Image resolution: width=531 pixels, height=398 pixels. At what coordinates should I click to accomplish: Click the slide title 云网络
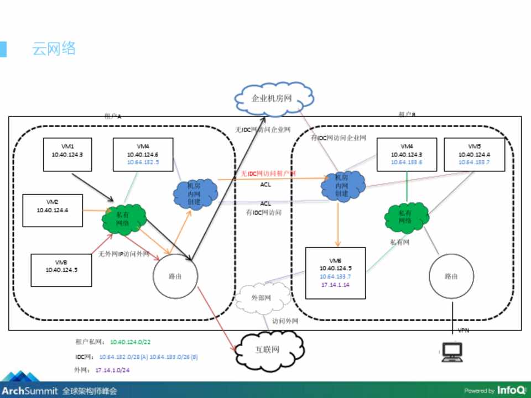point(54,49)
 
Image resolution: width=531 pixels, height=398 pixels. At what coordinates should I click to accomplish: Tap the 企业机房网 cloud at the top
point(271,99)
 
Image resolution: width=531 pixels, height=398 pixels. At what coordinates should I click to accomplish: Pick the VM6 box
point(335,273)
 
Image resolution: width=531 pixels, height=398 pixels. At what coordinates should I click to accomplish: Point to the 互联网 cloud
point(267,350)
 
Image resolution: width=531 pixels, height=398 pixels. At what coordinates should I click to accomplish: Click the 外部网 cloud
point(261,297)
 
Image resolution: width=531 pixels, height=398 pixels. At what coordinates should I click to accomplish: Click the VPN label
point(464,331)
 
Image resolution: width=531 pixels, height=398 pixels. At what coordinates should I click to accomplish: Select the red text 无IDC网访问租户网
point(268,174)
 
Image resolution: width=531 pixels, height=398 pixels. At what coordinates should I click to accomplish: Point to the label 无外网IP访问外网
point(124,254)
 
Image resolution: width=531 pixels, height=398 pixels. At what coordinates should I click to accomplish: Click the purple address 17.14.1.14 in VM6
point(335,284)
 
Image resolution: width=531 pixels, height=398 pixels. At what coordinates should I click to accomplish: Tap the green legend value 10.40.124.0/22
point(131,342)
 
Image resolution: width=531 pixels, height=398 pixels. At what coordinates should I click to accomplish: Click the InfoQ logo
point(511,390)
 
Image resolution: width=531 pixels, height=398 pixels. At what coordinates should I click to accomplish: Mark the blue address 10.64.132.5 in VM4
point(143,163)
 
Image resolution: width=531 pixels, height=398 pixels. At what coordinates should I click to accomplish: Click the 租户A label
point(112,116)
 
